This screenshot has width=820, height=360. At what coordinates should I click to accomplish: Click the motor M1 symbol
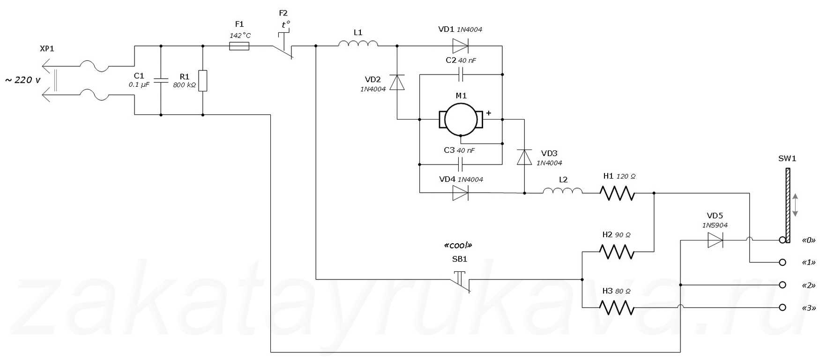coord(461,120)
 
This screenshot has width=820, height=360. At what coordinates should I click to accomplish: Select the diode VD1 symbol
coord(460,46)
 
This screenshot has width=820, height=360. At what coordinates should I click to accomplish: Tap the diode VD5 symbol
coord(715,240)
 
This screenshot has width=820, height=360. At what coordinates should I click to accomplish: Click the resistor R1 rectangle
coord(202,81)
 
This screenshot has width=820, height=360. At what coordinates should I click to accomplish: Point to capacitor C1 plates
coord(161,80)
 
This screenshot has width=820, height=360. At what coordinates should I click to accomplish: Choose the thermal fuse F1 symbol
coord(239,46)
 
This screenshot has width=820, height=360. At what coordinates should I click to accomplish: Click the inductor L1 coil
coord(358,44)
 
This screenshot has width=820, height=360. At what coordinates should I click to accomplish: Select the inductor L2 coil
coord(563,190)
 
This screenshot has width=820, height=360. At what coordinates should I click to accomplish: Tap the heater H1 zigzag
coord(618,193)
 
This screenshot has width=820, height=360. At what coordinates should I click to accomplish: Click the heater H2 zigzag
coord(618,252)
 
